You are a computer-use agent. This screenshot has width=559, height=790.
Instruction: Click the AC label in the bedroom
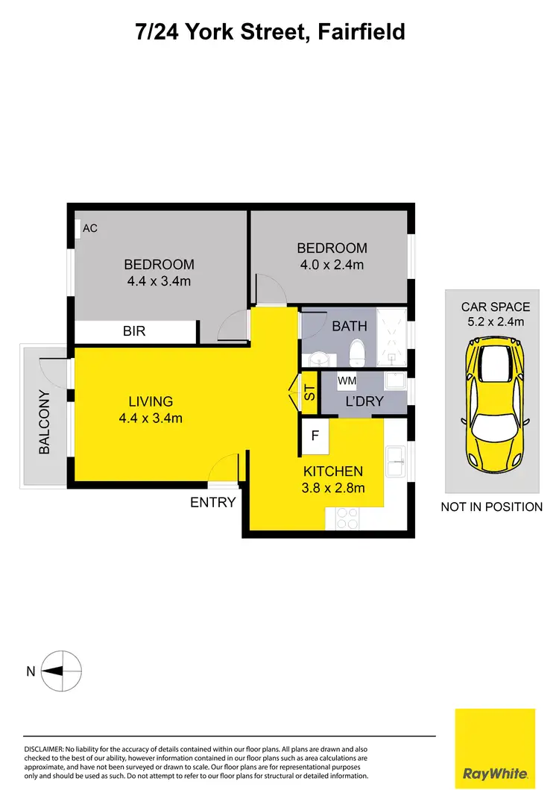[89, 228]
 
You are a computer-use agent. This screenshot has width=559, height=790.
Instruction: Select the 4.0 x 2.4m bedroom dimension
[332, 264]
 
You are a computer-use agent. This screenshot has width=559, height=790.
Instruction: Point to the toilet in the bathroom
[356, 351]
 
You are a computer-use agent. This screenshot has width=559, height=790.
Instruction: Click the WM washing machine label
[347, 381]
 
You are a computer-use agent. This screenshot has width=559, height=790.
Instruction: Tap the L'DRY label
[364, 401]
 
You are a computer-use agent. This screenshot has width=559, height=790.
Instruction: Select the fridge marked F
[315, 437]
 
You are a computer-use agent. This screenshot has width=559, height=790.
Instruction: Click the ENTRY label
[213, 503]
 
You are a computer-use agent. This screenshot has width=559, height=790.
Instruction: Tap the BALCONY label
[45, 422]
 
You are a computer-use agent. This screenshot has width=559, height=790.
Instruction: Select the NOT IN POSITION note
[492, 507]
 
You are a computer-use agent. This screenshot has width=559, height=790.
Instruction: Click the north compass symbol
[62, 671]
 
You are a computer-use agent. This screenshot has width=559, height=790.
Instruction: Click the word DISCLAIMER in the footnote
[45, 748]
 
